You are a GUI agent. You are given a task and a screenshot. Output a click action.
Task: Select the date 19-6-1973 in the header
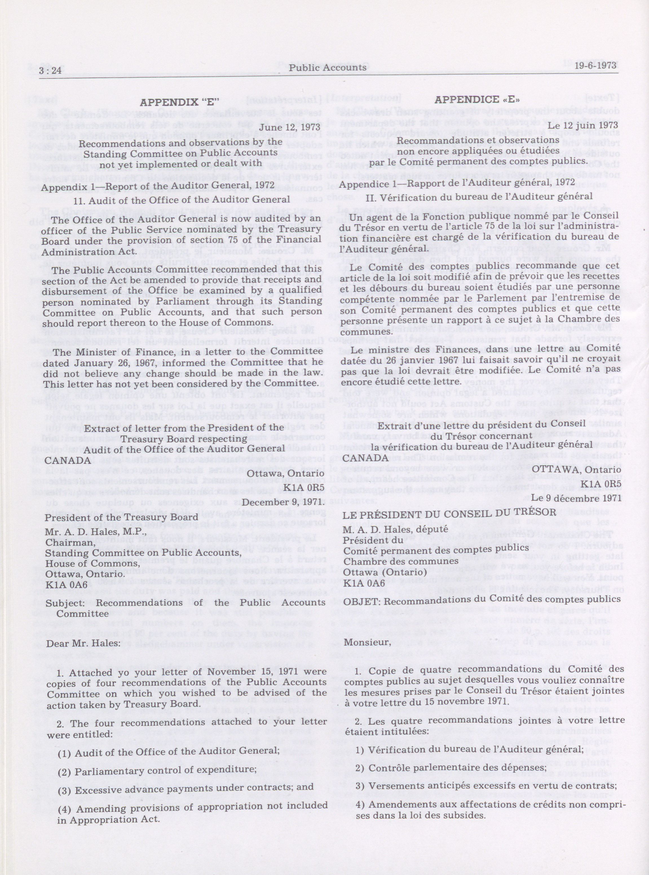(595, 65)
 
